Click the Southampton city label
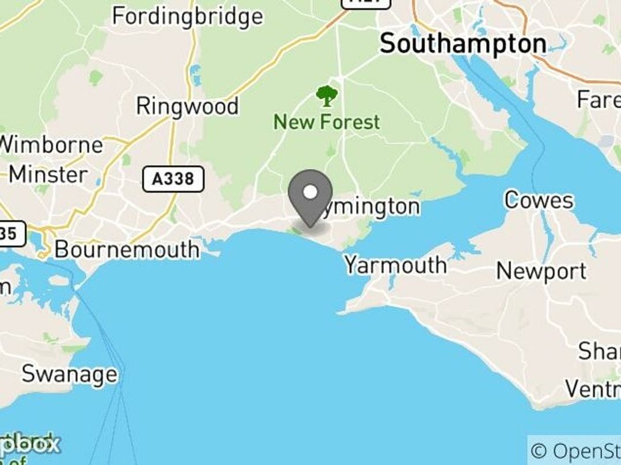click(x=463, y=44)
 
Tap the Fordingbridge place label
click(x=187, y=16)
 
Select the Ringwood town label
click(x=187, y=106)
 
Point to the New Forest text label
click(x=327, y=122)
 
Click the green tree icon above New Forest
click(x=327, y=96)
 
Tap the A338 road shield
click(x=173, y=179)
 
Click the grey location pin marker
click(x=310, y=199)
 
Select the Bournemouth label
click(x=127, y=250)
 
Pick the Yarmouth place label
click(x=395, y=265)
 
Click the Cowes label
click(x=539, y=201)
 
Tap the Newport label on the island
click(x=541, y=270)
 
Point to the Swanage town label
click(x=69, y=375)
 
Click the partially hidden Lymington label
click(x=374, y=207)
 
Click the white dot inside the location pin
click(x=310, y=192)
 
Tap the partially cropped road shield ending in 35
click(x=13, y=234)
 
